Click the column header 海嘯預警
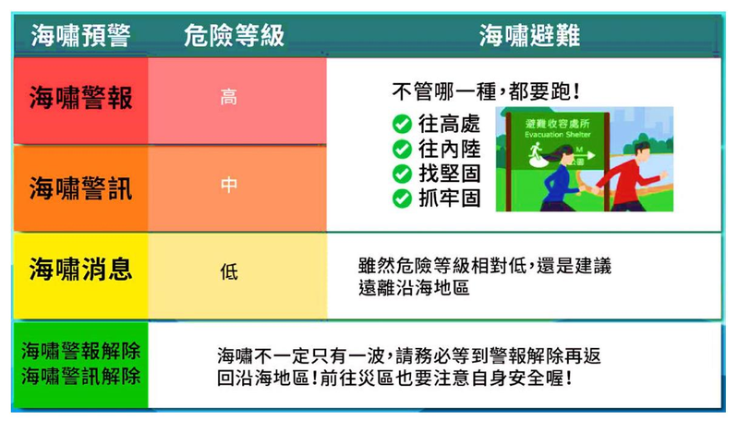(80, 35)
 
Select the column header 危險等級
(234, 35)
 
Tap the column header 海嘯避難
(529, 35)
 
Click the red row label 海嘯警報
(80, 98)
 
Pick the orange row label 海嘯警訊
(80, 187)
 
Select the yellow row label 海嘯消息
(80, 270)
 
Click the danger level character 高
(229, 98)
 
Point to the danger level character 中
(229, 185)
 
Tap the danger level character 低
(229, 271)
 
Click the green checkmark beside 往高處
(402, 125)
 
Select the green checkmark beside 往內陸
(402, 150)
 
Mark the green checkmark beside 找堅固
(402, 174)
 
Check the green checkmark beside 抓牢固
(402, 198)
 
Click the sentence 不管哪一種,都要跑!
(485, 91)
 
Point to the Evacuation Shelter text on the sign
(558, 135)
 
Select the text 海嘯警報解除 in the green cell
(81, 351)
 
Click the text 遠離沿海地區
(414, 287)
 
